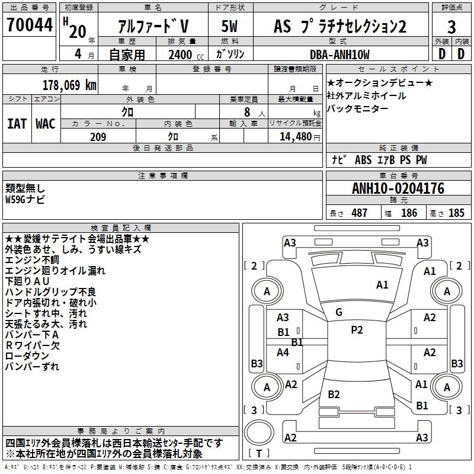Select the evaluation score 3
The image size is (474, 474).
451,27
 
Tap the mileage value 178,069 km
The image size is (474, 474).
69,85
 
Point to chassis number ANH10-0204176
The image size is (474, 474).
398,188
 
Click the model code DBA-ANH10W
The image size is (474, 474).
340,55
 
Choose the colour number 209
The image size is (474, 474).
98,137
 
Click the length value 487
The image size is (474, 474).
359,213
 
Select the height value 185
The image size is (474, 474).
456,213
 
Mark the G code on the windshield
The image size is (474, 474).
339,312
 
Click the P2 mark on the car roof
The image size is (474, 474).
357,330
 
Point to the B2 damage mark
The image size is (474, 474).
334,395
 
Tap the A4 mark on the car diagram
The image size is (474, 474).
283,353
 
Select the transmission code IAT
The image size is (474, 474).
17,124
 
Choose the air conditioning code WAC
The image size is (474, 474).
46,124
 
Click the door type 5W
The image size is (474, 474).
229,27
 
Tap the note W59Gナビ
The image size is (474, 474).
25,199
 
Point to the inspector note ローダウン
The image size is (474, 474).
27,355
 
